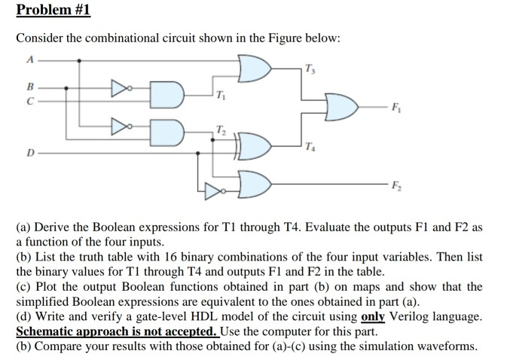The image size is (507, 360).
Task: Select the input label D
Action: [x=29, y=153]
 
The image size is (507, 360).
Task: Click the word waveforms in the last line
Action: [x=447, y=346]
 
